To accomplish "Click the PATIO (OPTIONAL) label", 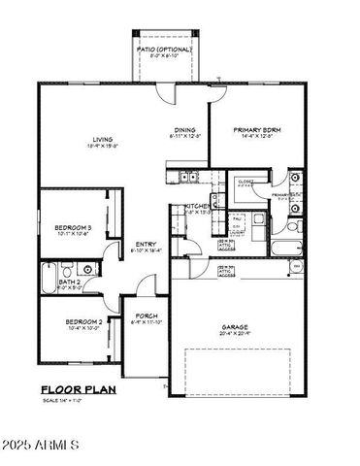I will pos(163,49).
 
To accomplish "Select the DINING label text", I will pos(184,130).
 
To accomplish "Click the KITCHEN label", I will pos(199,206).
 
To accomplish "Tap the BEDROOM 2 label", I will pos(83,321).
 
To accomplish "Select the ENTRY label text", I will pos(147,244).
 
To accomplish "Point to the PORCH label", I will pos(147,316).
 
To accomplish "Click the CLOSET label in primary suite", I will pos(245,181).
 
